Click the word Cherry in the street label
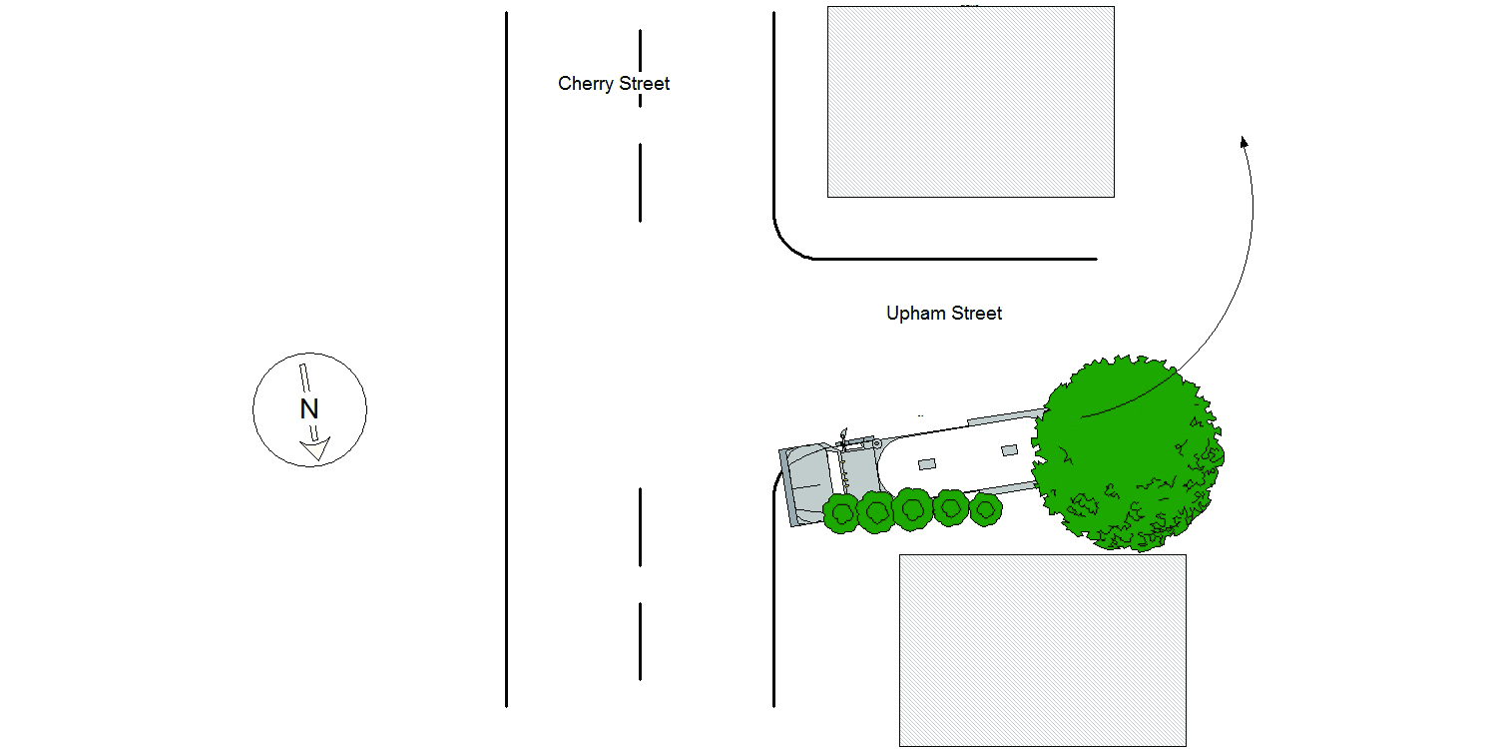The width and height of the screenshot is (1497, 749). pyautogui.click(x=586, y=84)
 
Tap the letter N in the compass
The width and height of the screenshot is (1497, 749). pyautogui.click(x=309, y=408)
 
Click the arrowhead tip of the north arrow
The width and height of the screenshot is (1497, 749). pyautogui.click(x=317, y=461)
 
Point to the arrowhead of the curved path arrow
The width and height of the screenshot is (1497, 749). pyautogui.click(x=1245, y=143)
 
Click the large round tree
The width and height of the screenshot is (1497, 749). pyautogui.click(x=1128, y=452)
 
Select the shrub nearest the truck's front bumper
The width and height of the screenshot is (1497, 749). pyautogui.click(x=841, y=513)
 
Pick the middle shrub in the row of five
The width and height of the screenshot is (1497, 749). pyautogui.click(x=913, y=509)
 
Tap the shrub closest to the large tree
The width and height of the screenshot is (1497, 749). pyautogui.click(x=985, y=509)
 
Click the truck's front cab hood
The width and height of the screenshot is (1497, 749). pyautogui.click(x=808, y=483)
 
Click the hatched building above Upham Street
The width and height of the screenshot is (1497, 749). pyautogui.click(x=971, y=102)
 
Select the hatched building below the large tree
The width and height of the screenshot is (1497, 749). pyautogui.click(x=1043, y=650)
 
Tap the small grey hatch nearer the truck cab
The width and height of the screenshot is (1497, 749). pyautogui.click(x=927, y=464)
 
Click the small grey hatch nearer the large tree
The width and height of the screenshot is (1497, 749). pyautogui.click(x=1009, y=450)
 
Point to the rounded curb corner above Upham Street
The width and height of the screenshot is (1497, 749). pyautogui.click(x=786, y=245)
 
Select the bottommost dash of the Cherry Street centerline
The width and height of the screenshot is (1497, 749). pyautogui.click(x=641, y=642)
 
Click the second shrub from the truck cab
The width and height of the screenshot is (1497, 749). pyautogui.click(x=876, y=512)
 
